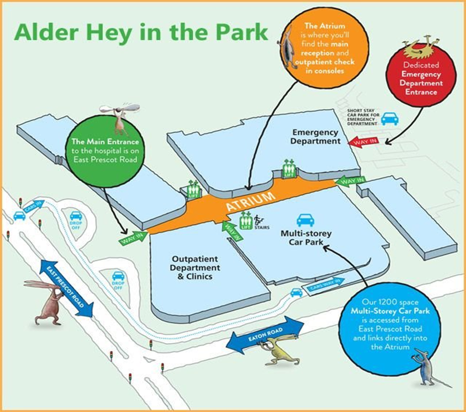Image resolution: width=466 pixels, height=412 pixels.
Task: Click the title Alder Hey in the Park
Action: click(x=141, y=32)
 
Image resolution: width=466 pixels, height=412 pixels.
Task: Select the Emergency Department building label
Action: click(x=316, y=137)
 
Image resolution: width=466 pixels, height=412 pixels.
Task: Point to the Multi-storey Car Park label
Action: click(x=305, y=238)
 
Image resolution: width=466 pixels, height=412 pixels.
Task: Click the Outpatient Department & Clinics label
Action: click(x=196, y=268)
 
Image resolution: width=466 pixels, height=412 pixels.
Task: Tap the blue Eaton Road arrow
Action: click(x=266, y=335)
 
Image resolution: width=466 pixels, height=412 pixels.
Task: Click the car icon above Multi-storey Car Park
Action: click(x=305, y=219)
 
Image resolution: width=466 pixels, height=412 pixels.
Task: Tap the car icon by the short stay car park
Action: click(x=389, y=119)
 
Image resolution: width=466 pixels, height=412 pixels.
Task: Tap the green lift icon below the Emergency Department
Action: click(x=288, y=169)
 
